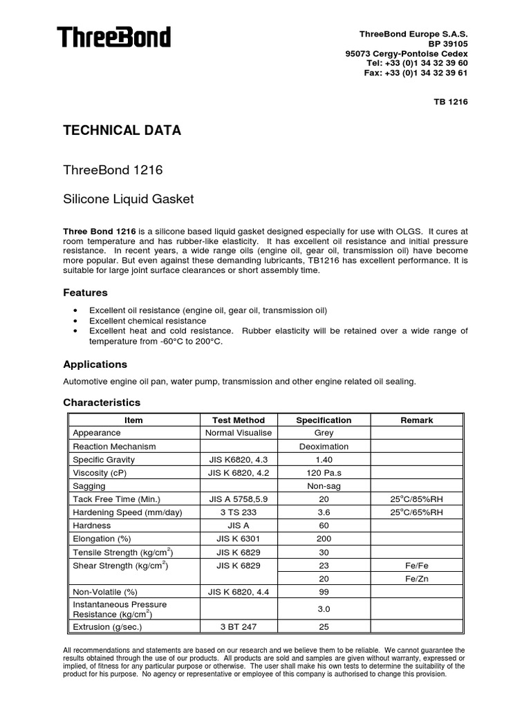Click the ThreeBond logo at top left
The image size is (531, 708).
click(x=114, y=37)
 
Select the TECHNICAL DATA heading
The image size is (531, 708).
click(x=122, y=131)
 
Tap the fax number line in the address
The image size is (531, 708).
click(x=416, y=73)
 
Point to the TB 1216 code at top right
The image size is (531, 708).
click(x=451, y=102)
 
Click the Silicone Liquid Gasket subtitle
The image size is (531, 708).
click(x=129, y=199)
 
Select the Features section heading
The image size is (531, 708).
click(x=86, y=292)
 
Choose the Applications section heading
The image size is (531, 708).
click(x=95, y=364)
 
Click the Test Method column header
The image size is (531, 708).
click(x=239, y=420)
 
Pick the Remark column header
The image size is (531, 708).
click(x=417, y=420)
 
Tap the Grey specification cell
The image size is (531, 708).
click(x=324, y=433)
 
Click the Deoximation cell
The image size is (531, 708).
click(x=324, y=447)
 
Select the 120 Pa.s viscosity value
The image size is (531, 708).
click(x=324, y=473)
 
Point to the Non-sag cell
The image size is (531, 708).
click(x=324, y=486)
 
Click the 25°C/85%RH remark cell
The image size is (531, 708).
click(x=417, y=499)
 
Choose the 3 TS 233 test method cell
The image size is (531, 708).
click(x=239, y=512)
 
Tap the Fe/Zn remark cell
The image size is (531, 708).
click(x=417, y=579)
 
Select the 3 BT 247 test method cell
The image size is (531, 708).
click(x=239, y=627)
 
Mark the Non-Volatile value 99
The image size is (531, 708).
click(x=324, y=592)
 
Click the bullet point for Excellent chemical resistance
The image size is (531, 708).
click(x=75, y=322)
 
